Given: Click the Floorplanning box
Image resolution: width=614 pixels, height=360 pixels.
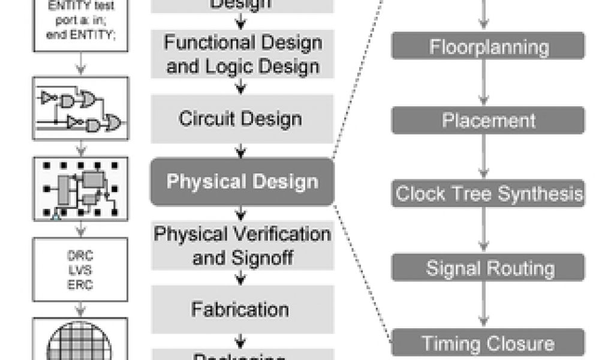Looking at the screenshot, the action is (487, 46).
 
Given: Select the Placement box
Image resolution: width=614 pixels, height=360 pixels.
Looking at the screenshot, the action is (487, 120).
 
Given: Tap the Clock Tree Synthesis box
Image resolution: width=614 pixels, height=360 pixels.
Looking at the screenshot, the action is (487, 193).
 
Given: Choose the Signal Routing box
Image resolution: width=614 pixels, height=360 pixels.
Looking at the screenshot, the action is (487, 268).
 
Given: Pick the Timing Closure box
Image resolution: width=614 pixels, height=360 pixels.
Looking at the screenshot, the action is (487, 343).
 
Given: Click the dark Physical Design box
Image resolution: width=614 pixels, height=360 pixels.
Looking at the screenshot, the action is (242, 181).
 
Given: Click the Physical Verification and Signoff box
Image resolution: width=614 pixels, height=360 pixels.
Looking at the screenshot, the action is (242, 247).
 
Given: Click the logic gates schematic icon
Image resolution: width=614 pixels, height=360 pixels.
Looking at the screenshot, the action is (81, 108).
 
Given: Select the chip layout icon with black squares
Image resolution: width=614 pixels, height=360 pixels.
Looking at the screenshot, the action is (81, 187).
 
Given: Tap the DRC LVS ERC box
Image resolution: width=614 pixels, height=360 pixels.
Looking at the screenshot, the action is (81, 269).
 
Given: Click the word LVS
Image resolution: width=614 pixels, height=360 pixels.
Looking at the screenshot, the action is (81, 269).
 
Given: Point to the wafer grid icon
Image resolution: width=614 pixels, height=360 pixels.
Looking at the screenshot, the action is (81, 342).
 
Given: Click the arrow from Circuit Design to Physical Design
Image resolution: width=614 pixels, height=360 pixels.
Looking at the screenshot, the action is (241, 150).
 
